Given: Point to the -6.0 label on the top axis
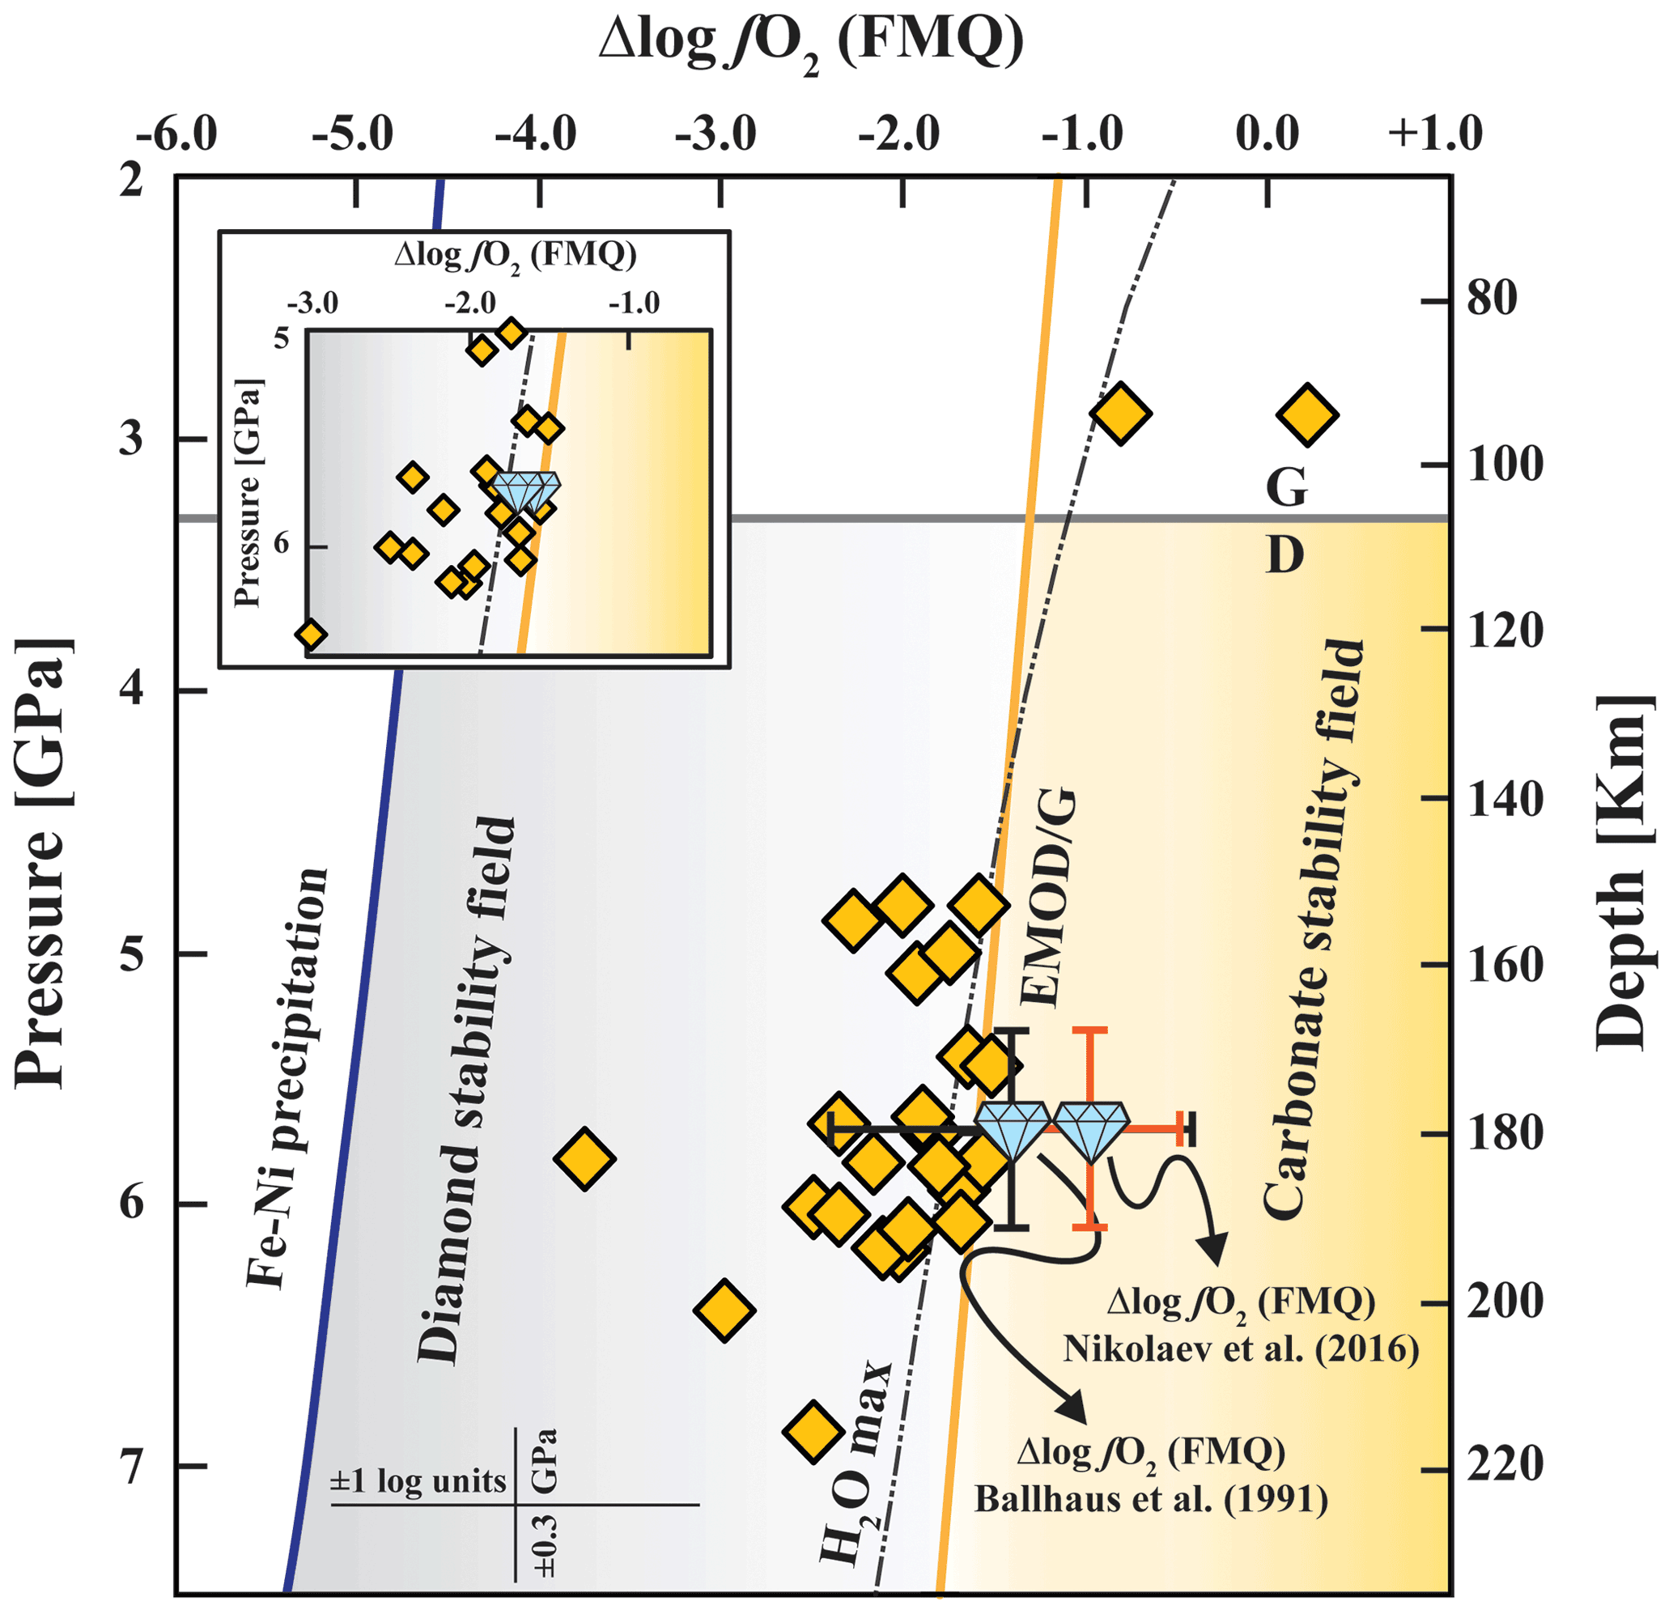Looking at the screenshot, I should [x=176, y=134].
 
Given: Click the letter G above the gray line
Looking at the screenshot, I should [x=1286, y=488].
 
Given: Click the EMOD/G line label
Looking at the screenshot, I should [x=1048, y=898].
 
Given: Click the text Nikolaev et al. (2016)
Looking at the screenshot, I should [x=1241, y=1348].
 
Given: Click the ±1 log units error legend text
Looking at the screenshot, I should [x=418, y=1481].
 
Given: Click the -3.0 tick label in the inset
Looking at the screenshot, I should [x=312, y=302].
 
